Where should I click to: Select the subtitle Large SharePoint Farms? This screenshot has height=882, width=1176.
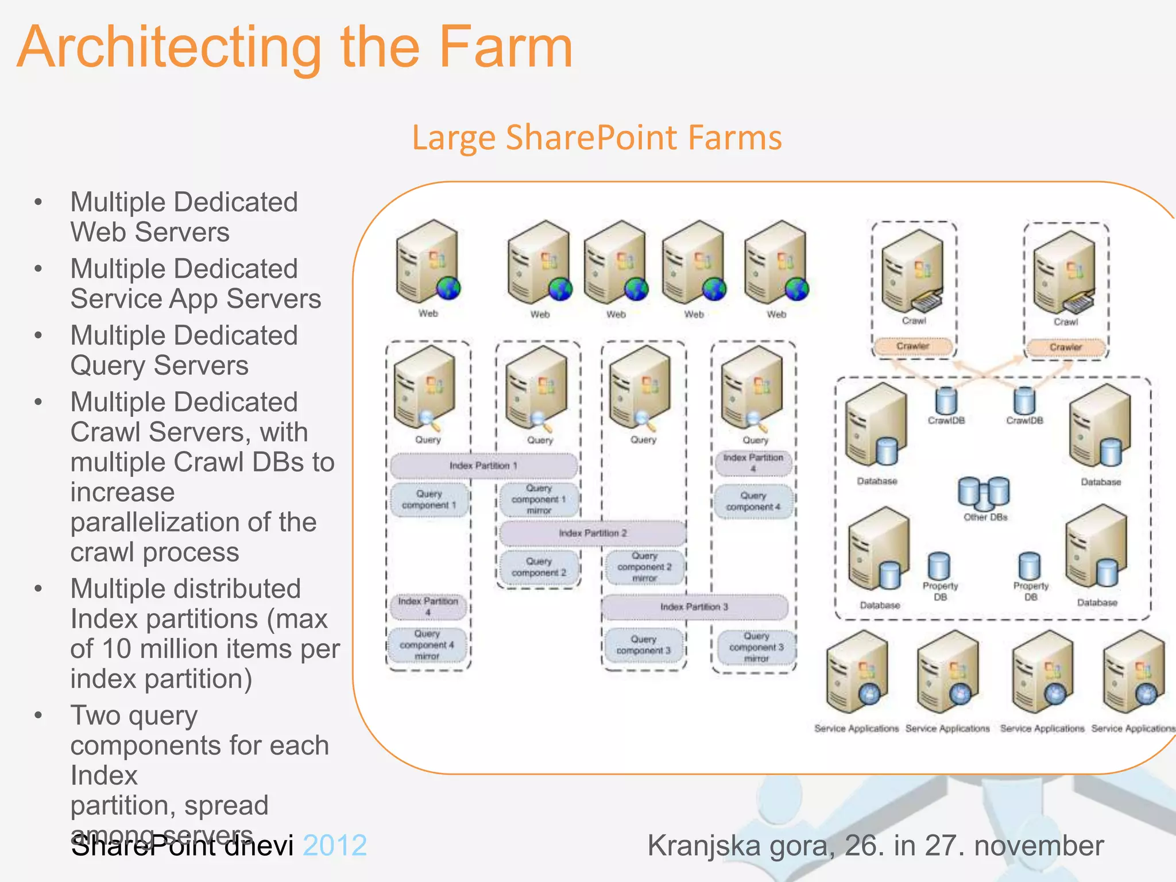pos(597,138)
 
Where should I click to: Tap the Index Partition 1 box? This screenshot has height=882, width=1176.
pos(483,466)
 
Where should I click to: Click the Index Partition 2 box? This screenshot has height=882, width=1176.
pos(593,533)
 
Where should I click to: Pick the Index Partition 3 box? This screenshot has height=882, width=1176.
pos(694,607)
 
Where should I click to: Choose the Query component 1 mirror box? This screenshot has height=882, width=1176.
pos(539,500)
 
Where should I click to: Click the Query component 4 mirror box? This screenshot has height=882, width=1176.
pos(427,645)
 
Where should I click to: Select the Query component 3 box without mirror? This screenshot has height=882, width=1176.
pos(643,645)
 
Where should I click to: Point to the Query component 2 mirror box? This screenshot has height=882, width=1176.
pos(644,567)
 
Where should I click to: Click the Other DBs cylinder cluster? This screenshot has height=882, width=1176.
pos(984,493)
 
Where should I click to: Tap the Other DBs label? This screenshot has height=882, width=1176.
pos(985,517)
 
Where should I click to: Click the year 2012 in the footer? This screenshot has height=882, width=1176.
pos(335,846)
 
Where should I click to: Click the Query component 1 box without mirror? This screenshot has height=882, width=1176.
pos(429,500)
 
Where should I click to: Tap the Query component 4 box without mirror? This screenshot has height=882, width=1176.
pos(753,501)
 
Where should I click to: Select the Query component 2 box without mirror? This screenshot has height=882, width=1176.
pos(539,567)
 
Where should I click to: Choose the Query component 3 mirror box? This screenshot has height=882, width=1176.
pos(756,647)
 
